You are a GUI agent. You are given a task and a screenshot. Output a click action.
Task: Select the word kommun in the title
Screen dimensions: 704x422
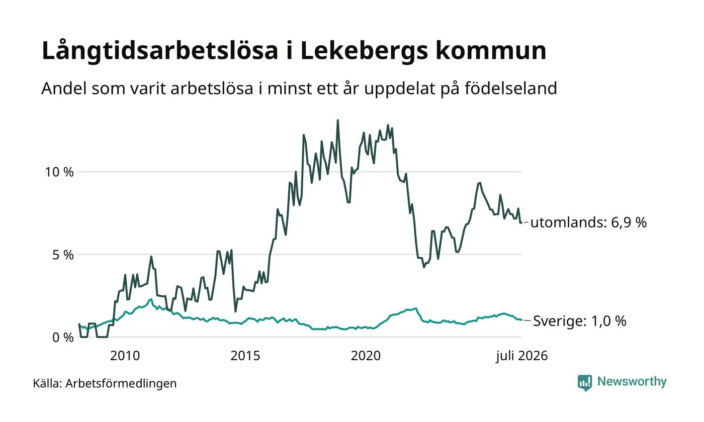point(491,51)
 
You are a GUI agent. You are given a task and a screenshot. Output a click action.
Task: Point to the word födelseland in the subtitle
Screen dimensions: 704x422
point(511,88)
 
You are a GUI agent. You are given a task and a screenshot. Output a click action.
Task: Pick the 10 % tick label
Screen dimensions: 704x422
point(59,172)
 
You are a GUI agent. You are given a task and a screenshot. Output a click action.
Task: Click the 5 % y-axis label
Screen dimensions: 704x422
point(63,255)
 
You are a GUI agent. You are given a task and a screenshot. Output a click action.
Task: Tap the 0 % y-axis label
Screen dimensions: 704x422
point(63,338)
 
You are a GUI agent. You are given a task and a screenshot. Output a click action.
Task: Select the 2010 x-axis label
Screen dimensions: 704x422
point(125,356)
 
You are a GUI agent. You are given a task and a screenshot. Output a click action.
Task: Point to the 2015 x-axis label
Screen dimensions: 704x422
point(245,356)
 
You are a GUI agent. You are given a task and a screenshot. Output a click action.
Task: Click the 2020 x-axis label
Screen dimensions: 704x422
point(366,356)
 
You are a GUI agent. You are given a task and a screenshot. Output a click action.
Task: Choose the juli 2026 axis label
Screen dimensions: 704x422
point(522,356)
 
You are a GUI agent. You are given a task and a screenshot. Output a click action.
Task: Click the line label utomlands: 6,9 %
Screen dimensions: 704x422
point(588,223)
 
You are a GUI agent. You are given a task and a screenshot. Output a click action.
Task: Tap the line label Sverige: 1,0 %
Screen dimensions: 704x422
point(579,321)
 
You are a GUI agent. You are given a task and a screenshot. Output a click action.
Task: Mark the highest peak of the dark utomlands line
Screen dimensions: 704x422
point(337,120)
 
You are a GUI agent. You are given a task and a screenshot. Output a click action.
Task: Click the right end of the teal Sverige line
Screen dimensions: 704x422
point(521,320)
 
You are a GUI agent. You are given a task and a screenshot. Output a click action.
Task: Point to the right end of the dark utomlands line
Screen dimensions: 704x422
point(521,223)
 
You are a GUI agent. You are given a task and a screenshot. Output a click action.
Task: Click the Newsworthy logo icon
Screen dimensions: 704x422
point(584,383)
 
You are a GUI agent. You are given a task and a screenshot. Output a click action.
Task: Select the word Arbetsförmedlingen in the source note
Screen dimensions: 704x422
point(121,384)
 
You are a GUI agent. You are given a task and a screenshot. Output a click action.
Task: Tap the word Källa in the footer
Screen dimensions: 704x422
point(47,383)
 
